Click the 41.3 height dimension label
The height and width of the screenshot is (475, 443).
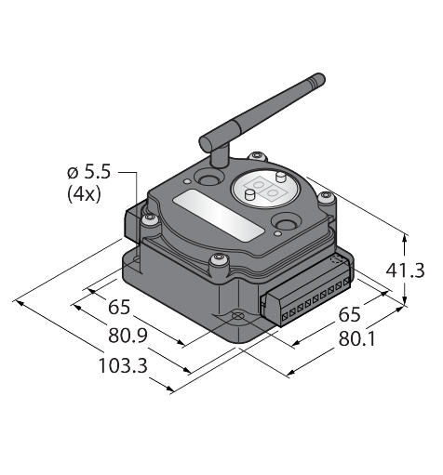coord(405,270)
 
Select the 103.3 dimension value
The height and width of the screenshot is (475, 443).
coord(123,365)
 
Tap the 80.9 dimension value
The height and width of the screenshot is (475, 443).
coord(128,336)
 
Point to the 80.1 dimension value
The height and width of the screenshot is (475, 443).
coord(356,338)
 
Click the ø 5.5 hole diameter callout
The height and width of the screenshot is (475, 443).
coord(88,172)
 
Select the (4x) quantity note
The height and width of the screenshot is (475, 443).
coord(84,194)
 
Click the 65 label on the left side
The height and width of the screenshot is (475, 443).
coord(119,308)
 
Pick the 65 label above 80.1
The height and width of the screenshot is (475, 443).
coord(349,314)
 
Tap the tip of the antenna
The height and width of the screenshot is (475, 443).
coord(320,77)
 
